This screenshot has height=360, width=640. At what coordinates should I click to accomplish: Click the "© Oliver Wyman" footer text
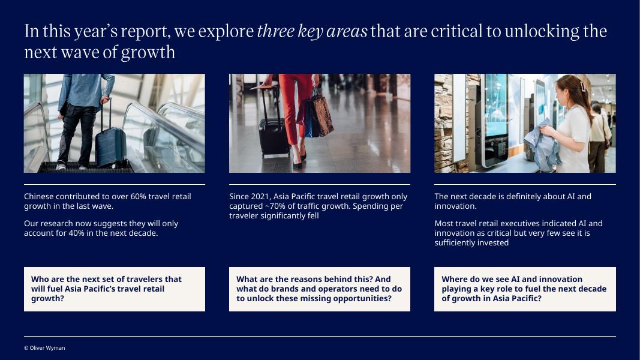click(x=44, y=348)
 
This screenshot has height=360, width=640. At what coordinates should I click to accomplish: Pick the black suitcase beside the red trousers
click(x=273, y=127)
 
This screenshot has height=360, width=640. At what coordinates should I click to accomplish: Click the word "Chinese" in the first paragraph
click(x=39, y=196)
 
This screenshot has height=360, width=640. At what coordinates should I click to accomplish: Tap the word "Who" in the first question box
click(x=40, y=279)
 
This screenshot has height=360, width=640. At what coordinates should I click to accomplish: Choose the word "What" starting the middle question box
click(x=247, y=279)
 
